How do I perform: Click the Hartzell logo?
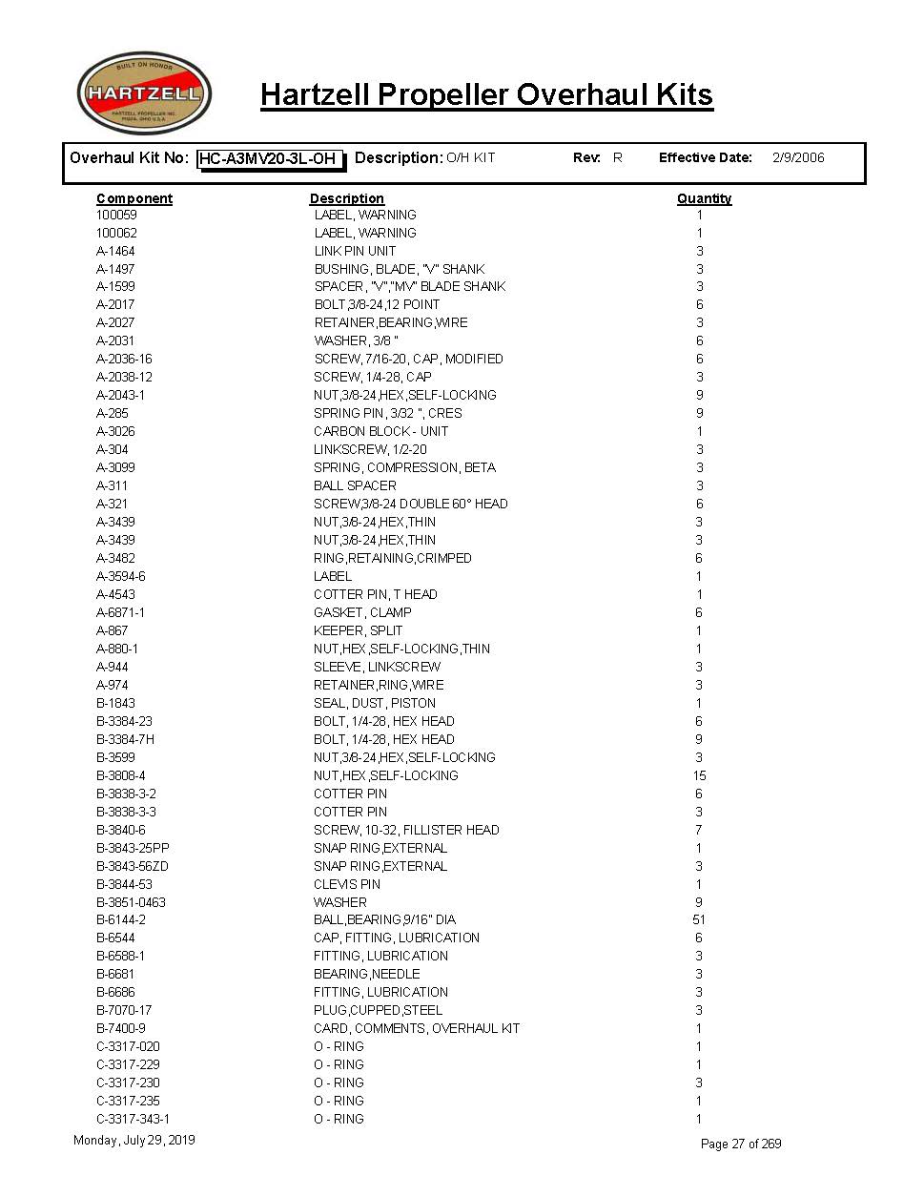(x=144, y=93)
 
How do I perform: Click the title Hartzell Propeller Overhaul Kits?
(x=486, y=94)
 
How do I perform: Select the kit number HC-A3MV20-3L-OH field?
(x=270, y=158)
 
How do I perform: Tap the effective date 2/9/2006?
(x=798, y=157)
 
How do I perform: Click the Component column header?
(x=134, y=198)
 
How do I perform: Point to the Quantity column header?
(x=704, y=198)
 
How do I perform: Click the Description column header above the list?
(x=346, y=198)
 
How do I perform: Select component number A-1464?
(x=115, y=251)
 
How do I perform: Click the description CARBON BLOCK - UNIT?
(x=380, y=431)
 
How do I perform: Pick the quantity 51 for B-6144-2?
(x=699, y=919)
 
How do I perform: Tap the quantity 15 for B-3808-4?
(x=699, y=775)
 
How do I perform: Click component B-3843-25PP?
(x=133, y=848)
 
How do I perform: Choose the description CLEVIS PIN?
(x=347, y=884)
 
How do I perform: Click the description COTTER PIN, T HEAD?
(x=376, y=594)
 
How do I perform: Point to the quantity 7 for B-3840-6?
(x=699, y=830)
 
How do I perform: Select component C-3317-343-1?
(x=133, y=1119)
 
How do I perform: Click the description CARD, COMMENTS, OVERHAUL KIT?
(x=417, y=1028)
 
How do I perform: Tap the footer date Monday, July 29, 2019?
(x=134, y=1141)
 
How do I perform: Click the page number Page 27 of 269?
(x=741, y=1144)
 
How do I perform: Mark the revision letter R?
(x=618, y=157)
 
